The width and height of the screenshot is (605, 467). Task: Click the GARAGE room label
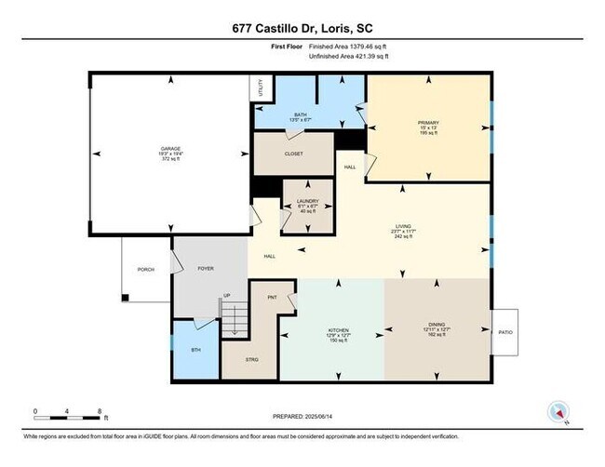(168, 148)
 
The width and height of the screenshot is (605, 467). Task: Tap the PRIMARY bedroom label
(427, 122)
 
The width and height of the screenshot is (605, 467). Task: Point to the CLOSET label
(293, 154)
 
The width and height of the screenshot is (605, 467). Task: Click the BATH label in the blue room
(301, 114)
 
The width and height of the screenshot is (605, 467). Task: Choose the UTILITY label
(262, 88)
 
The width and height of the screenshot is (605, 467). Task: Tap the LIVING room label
(403, 226)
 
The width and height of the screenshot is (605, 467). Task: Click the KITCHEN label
(337, 330)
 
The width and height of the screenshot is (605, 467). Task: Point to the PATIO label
(505, 332)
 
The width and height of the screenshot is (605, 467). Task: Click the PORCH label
(146, 270)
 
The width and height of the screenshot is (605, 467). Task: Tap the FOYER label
(206, 269)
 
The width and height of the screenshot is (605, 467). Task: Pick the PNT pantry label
(273, 298)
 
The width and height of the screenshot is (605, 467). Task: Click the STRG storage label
(252, 359)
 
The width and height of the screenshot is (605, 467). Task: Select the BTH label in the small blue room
(195, 350)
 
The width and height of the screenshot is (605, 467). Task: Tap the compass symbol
(559, 413)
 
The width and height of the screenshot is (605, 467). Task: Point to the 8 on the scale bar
(99, 410)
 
